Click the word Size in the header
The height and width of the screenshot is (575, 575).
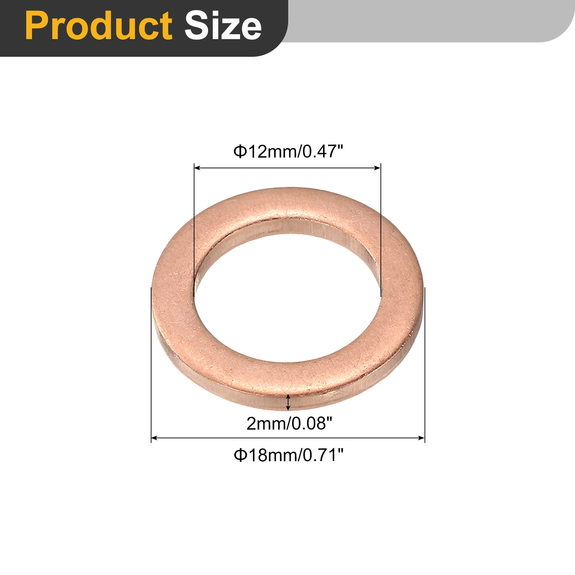coord(223,26)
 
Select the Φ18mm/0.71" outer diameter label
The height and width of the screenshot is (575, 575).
coord(289,455)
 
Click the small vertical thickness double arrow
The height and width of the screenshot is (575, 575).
coord(288,402)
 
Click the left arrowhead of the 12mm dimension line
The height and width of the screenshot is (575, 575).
coord(197,168)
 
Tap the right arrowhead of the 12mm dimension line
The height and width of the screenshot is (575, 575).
coord(378,168)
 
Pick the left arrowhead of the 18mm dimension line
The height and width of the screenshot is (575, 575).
coord(154,438)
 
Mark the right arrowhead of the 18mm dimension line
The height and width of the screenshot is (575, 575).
coord(422,438)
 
